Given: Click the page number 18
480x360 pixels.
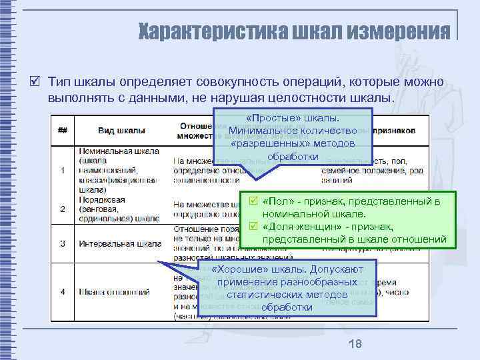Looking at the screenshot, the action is [x=355, y=344].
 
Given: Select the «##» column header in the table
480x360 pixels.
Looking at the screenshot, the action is [x=62, y=130].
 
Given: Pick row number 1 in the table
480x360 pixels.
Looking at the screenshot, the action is [x=62, y=171].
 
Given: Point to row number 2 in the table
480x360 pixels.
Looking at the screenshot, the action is [x=62, y=209].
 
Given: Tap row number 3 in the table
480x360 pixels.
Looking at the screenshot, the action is [x=62, y=243].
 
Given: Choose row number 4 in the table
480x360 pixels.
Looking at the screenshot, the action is [x=62, y=291].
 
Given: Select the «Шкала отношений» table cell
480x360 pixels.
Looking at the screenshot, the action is [x=113, y=291].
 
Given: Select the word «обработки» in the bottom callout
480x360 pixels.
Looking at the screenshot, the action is [x=287, y=307].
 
